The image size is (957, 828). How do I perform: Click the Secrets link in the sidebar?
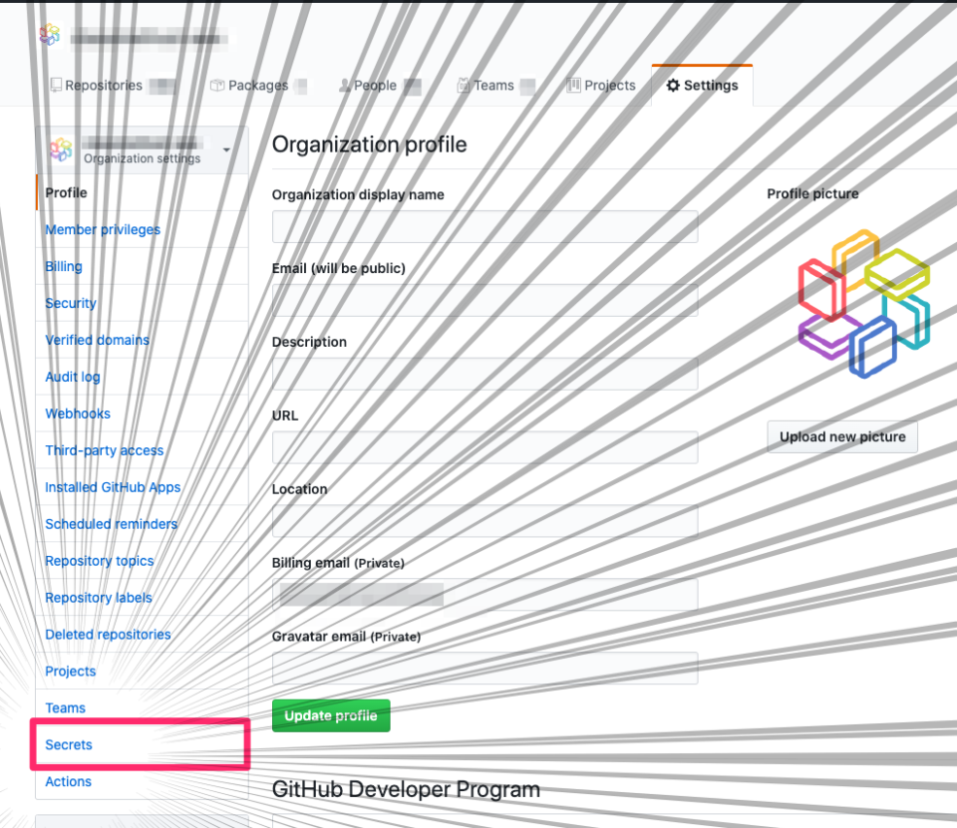click(69, 744)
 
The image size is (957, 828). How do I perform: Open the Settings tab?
click(703, 86)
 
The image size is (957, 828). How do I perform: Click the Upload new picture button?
click(842, 436)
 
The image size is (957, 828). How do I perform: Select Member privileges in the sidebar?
click(103, 230)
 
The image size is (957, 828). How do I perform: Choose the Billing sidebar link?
click(64, 267)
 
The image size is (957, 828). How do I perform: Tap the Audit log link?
click(73, 377)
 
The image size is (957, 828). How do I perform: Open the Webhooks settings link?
click(78, 414)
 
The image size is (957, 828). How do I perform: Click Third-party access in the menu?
click(105, 450)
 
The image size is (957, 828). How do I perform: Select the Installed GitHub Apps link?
click(113, 487)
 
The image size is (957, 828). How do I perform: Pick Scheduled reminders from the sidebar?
click(111, 524)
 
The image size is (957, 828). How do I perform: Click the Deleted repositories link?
click(108, 635)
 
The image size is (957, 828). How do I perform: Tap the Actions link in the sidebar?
click(69, 781)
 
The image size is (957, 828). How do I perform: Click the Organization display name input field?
click(484, 227)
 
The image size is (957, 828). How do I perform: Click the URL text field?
click(484, 447)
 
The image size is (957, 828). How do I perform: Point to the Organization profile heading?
click(369, 144)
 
